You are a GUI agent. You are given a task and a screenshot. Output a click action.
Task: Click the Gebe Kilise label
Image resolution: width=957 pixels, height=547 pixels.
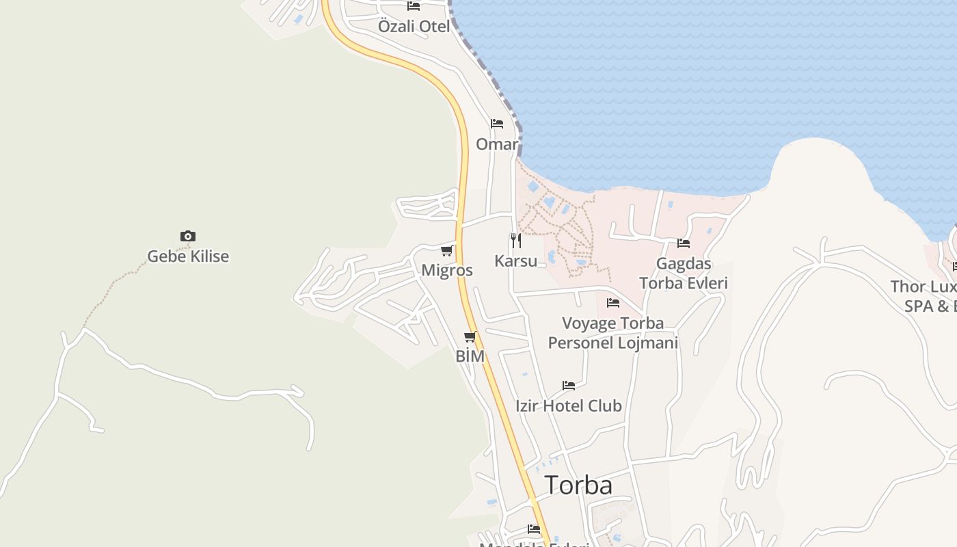[x=188, y=256]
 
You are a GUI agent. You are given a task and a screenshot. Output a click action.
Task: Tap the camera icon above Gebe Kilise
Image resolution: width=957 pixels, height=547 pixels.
[x=188, y=237]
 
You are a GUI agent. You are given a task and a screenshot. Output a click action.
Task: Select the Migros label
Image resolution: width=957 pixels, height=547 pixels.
[x=447, y=270]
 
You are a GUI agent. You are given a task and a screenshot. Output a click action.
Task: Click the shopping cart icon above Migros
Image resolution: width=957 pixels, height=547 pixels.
[x=447, y=250]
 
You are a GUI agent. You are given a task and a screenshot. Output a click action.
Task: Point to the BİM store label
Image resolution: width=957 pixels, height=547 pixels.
[x=470, y=356]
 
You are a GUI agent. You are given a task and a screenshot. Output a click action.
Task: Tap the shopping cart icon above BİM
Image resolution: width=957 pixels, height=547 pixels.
[x=470, y=336]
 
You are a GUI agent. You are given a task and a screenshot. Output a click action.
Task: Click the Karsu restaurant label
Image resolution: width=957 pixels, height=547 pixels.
[x=516, y=261]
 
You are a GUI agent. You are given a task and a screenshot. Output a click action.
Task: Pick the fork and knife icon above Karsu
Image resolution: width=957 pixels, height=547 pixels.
[x=516, y=241]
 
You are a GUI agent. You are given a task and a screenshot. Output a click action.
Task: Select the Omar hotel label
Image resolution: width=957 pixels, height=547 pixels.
[x=497, y=144]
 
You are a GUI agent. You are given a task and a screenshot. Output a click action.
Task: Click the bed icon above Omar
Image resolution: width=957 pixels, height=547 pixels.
[x=497, y=124]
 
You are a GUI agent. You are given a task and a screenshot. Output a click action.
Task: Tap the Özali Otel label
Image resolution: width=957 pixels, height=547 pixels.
[x=414, y=27]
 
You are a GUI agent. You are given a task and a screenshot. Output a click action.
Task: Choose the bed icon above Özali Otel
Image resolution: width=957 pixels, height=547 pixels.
[x=414, y=6]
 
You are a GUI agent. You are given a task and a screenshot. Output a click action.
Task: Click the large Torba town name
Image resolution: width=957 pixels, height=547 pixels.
[x=578, y=485]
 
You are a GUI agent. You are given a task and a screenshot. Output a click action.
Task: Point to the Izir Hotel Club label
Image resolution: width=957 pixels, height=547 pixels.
[x=569, y=405]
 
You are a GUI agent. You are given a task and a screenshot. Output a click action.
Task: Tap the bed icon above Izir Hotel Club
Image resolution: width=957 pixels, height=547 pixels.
[x=569, y=386]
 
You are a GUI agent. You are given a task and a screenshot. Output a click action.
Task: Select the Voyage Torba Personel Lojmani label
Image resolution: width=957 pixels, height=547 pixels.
[x=613, y=332]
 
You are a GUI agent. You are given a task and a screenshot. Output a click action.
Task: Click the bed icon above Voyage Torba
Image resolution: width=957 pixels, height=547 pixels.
[x=613, y=302]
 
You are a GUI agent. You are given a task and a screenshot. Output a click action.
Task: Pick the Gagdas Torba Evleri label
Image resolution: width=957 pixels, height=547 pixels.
[x=683, y=273]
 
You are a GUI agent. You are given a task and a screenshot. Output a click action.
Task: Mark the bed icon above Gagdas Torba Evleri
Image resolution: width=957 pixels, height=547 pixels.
[x=684, y=243]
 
